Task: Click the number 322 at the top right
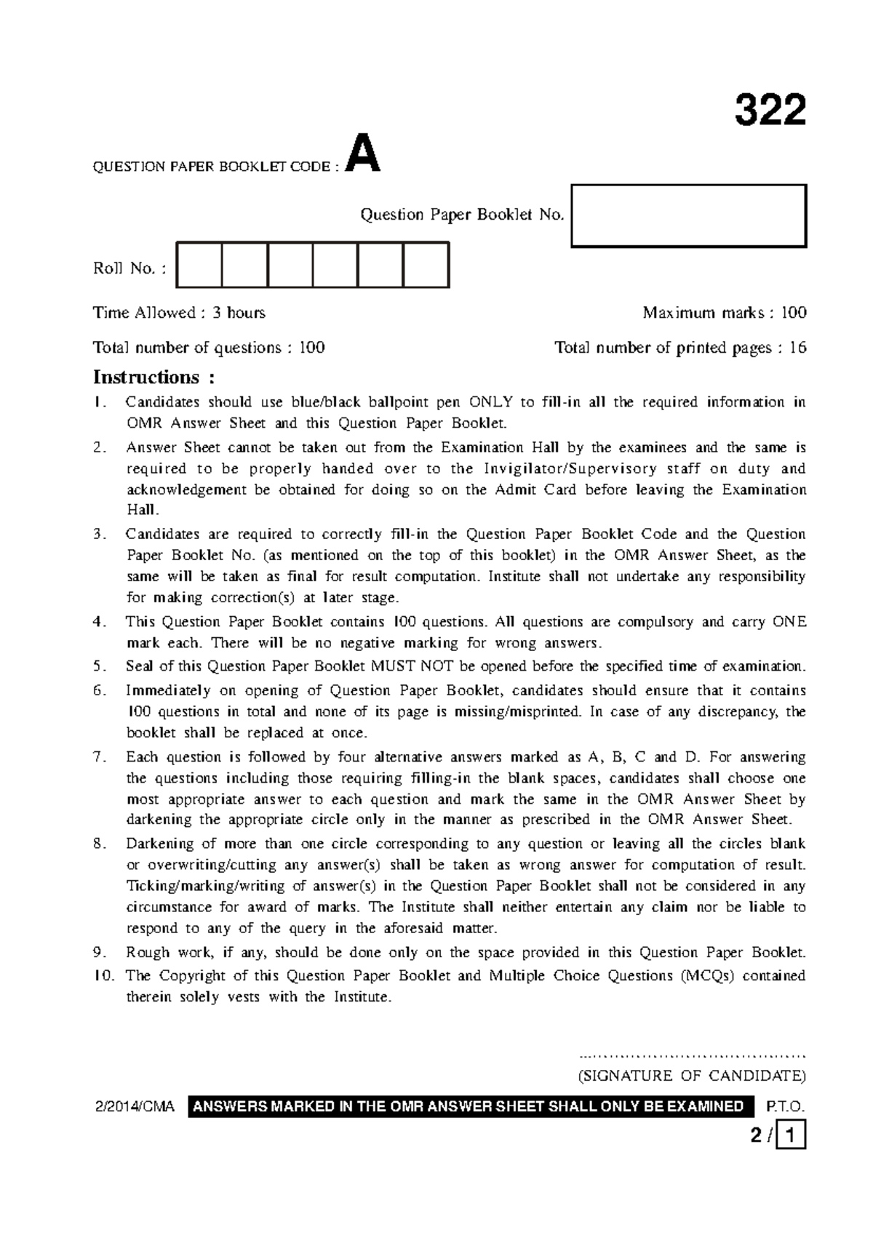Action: point(770,111)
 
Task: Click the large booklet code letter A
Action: point(362,154)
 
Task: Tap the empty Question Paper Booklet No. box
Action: point(689,216)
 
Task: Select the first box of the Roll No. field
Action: point(199,265)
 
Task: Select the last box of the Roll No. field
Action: point(426,265)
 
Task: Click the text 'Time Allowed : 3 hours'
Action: point(179,313)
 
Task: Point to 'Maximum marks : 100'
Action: point(724,313)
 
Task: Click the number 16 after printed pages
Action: point(797,348)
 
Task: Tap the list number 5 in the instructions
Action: point(99,666)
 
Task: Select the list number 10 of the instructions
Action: point(103,976)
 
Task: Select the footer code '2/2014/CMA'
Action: point(135,1107)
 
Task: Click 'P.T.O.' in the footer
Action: point(786,1107)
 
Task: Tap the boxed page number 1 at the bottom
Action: point(792,1135)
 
